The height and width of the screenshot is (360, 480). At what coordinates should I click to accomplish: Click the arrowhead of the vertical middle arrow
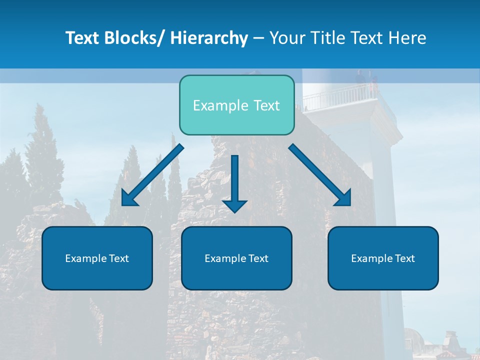click(x=234, y=205)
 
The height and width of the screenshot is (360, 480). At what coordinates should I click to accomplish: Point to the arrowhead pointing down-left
click(x=127, y=199)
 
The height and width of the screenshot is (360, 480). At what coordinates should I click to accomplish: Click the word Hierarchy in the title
click(x=209, y=38)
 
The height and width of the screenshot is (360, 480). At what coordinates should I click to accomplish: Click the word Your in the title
click(x=287, y=38)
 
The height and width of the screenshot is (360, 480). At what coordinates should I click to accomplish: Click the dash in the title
click(x=258, y=38)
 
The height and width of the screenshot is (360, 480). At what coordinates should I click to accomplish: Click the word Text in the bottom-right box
click(x=404, y=258)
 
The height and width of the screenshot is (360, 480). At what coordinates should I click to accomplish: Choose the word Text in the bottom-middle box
click(x=257, y=258)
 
